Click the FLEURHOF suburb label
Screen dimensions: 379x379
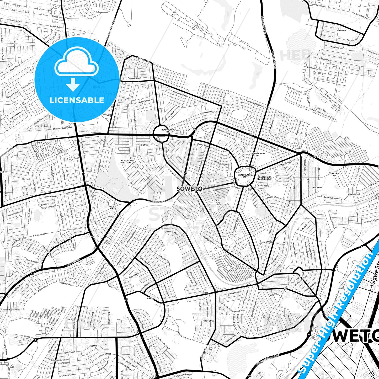(x=341, y=30)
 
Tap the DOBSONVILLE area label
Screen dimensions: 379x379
(x=52, y=196)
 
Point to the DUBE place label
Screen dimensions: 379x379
(x=205, y=293)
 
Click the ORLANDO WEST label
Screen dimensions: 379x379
(x=335, y=174)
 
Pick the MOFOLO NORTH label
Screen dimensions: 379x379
(x=113, y=207)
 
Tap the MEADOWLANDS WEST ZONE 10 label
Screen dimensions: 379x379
(x=128, y=162)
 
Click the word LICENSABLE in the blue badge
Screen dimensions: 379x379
(x=77, y=100)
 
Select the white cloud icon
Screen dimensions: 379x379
(x=77, y=63)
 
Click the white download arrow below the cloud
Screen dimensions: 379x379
(x=73, y=84)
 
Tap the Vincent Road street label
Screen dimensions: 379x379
(x=159, y=201)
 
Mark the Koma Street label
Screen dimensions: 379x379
(x=73, y=262)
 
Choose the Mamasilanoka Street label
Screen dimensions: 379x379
(x=254, y=103)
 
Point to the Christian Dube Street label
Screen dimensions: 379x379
(x=62, y=128)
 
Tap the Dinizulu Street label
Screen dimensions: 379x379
(x=172, y=233)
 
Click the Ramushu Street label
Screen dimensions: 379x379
(x=330, y=198)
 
